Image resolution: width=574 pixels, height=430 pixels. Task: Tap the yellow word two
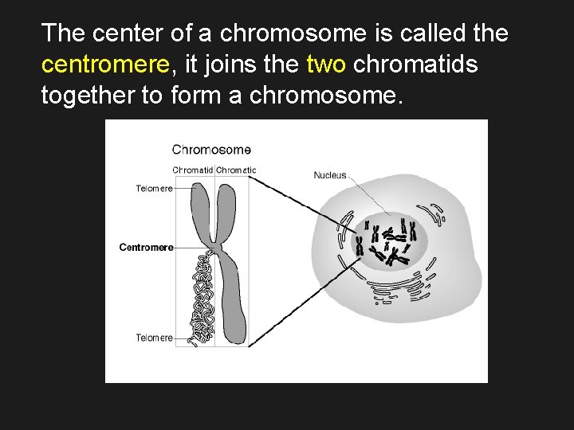click(x=326, y=64)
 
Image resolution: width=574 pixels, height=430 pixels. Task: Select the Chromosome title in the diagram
click(x=211, y=149)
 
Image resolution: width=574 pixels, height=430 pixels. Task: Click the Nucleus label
click(x=330, y=175)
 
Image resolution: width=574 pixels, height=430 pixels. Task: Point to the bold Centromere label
click(x=146, y=248)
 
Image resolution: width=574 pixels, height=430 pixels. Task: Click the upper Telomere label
click(x=154, y=189)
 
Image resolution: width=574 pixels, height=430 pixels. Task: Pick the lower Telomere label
click(x=154, y=338)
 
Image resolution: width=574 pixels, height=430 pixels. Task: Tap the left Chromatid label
click(x=193, y=170)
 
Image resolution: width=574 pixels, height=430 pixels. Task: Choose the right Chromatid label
click(x=236, y=170)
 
